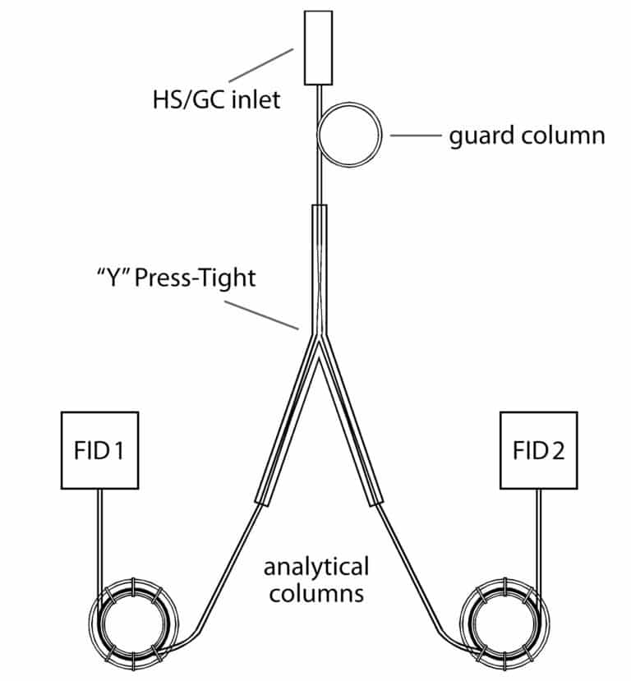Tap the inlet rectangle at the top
(x=317, y=47)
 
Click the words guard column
(x=527, y=135)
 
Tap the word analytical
(x=315, y=567)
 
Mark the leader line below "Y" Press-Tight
(x=261, y=315)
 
